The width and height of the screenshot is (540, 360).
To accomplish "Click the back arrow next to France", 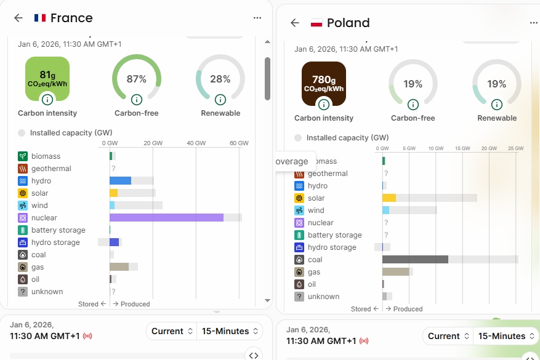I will pos(18,18).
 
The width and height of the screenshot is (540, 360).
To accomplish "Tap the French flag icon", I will pos(40,18).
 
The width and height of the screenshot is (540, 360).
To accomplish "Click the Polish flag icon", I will pos(316,23).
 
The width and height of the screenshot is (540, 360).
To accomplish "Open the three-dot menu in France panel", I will pos(257,18).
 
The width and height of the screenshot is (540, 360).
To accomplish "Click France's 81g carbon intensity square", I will pos(47,78).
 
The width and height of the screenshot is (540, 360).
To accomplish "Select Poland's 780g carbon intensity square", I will pos(324,83).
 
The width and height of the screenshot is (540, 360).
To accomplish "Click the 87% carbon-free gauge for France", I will pos(137,79).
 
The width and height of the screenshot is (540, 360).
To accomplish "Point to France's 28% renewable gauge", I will pos(220,79).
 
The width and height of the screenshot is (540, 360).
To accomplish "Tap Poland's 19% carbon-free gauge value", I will pos(413,84).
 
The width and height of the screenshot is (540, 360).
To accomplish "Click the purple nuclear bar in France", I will pos(166,218).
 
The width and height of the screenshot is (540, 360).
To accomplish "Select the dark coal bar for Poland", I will pos(415,260).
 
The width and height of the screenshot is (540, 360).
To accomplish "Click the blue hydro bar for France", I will pos(120,181).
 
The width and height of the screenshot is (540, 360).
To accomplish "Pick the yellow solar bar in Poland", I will pos(389,198).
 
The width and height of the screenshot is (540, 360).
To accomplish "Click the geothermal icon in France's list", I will pos(23,169).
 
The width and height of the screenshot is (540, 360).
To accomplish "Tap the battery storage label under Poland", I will pos(334,235).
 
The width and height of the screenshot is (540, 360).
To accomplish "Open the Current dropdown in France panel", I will pos(171,331).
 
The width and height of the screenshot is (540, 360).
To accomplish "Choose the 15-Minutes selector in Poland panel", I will pos(506,336).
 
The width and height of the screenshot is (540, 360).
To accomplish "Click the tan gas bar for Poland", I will pos(395,272).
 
